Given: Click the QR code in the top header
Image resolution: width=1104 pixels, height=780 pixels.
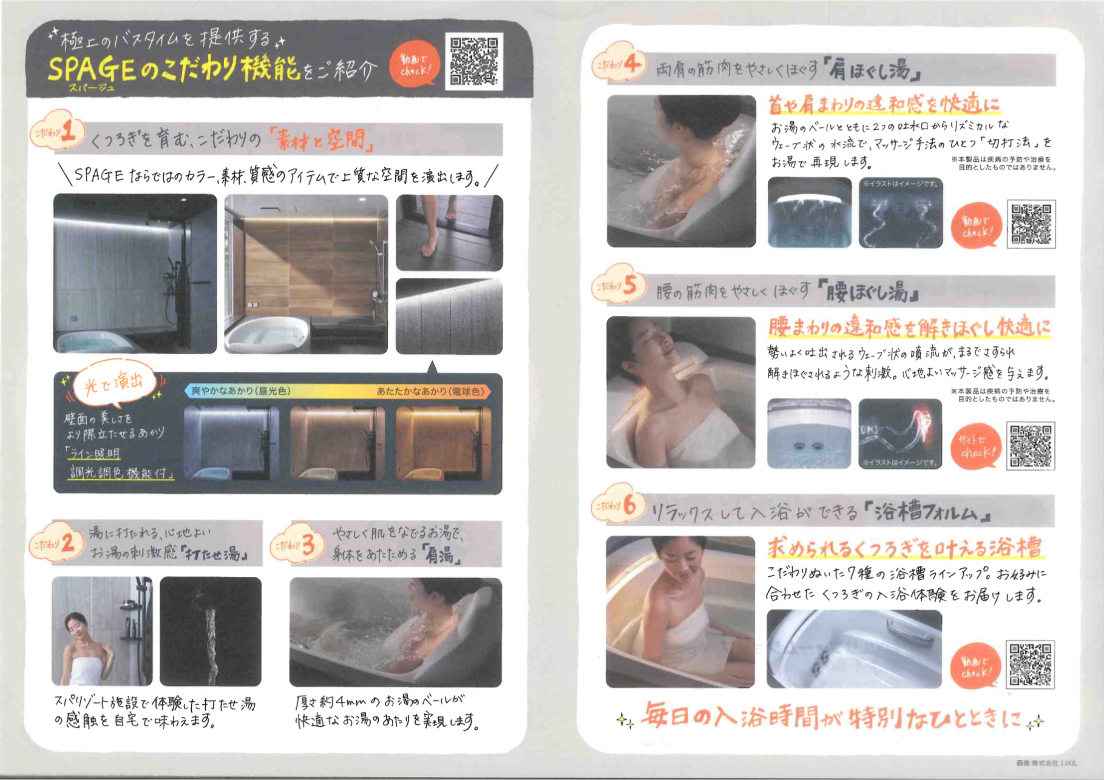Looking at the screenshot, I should click(x=474, y=61).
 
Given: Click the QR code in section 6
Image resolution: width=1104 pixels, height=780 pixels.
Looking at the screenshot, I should click(x=1030, y=664).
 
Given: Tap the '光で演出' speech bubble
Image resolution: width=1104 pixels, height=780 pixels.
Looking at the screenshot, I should click(x=113, y=383).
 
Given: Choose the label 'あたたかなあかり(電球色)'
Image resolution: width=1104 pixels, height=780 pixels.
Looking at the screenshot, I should click(x=430, y=391).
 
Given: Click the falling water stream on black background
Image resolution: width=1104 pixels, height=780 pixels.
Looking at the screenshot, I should click(x=211, y=637).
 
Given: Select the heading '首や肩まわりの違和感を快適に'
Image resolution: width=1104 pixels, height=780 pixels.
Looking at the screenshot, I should click(x=884, y=105).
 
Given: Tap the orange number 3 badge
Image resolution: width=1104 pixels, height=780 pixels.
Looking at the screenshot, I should click(x=299, y=545).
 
